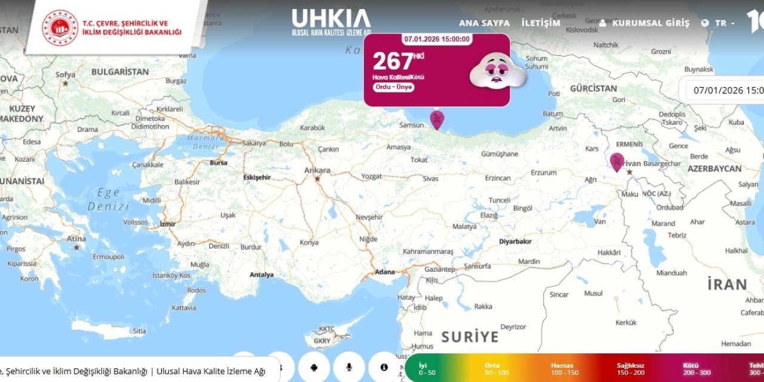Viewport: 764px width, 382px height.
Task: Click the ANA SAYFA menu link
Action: [x=484, y=23]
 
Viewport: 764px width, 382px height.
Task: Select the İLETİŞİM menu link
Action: [x=541, y=23]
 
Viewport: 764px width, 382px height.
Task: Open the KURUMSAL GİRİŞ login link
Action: [x=645, y=23]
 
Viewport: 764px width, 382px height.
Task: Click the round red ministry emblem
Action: [x=60, y=27]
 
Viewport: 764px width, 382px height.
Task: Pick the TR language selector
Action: [x=719, y=23]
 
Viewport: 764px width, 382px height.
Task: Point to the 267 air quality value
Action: [x=393, y=61]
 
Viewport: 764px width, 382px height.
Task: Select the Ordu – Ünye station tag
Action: [x=393, y=87]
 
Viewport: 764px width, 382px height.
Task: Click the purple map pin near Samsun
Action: [x=437, y=119]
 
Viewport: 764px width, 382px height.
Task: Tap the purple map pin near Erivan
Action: [x=617, y=161]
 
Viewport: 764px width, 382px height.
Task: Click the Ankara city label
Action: [x=318, y=171]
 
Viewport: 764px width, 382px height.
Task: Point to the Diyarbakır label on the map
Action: [x=515, y=242]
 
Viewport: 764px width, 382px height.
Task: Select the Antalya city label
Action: [x=261, y=275]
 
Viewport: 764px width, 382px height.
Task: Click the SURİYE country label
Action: [x=470, y=337]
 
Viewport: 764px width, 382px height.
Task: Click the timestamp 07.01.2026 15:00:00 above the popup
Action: [x=437, y=39]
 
